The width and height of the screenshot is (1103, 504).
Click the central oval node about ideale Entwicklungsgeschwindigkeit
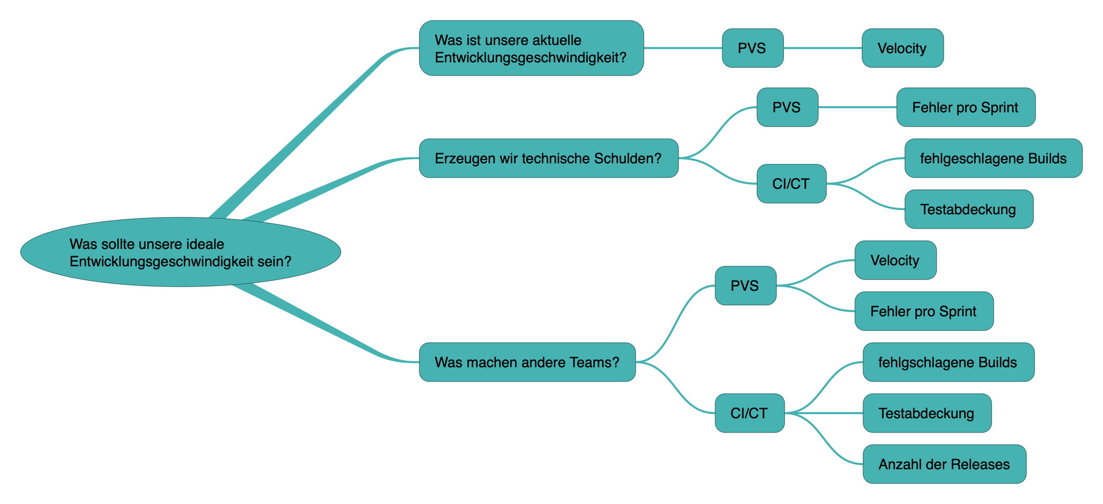tap(180, 252)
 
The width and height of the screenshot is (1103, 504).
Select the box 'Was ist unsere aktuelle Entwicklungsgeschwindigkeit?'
tap(531, 48)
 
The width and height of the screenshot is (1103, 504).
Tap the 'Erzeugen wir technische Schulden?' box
tap(548, 158)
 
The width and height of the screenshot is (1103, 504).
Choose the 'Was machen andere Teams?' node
tap(527, 362)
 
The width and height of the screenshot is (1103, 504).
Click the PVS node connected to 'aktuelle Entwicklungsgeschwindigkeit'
tap(752, 48)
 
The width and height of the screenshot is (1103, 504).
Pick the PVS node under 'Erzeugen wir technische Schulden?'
tap(787, 107)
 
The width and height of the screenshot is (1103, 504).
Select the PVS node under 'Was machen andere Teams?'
tap(745, 286)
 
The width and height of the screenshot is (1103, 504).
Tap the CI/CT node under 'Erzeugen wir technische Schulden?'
tap(791, 184)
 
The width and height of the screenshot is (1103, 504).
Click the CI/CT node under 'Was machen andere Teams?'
tap(749, 413)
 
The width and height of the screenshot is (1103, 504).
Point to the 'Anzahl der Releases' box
tap(944, 464)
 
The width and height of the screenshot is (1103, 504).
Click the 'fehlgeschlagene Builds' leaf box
tap(993, 158)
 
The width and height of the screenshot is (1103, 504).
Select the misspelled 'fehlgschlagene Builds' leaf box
tap(948, 362)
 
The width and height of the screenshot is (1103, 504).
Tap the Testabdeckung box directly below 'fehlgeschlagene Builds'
tap(968, 209)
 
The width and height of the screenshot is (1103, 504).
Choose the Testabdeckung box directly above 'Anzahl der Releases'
tap(926, 413)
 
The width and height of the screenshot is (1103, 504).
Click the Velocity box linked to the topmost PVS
tap(902, 48)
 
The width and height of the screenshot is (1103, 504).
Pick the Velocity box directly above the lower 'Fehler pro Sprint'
tap(895, 260)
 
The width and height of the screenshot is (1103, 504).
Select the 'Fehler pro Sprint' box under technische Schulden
tap(965, 107)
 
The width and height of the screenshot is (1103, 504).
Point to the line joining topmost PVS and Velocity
tap(822, 48)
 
